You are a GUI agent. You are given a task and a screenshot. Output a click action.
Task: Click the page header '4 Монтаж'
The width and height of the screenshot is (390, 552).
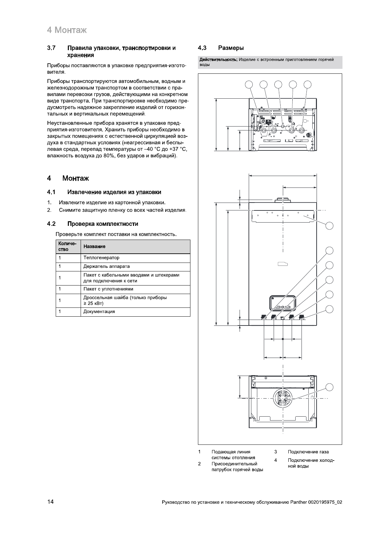click(x=67, y=30)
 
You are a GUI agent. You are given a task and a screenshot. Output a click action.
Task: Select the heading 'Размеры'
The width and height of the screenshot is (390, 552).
click(x=231, y=48)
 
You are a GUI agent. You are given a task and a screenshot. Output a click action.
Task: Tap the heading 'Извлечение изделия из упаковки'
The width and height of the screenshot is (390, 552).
click(x=114, y=192)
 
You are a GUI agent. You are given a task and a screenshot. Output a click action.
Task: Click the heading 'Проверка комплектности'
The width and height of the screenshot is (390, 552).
click(x=103, y=224)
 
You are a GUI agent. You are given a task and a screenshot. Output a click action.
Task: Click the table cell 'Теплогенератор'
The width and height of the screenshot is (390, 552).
click(x=101, y=258)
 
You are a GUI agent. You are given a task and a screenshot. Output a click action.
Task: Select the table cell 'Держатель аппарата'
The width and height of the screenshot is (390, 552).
click(x=107, y=266)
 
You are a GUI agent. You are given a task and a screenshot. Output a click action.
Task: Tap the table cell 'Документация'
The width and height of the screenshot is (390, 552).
click(x=99, y=312)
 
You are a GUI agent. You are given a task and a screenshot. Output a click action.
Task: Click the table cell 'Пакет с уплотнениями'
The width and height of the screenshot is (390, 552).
click(x=108, y=289)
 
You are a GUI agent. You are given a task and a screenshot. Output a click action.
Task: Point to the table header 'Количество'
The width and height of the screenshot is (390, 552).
click(x=67, y=246)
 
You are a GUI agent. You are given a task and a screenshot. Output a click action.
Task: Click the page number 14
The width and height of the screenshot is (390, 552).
click(x=50, y=502)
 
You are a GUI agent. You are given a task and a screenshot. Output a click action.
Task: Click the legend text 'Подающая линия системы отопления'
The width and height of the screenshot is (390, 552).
click(x=233, y=455)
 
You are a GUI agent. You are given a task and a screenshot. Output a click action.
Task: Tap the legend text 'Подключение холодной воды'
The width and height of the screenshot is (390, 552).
click(x=311, y=463)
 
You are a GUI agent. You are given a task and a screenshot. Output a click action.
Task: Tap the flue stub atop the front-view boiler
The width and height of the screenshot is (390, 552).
click(x=282, y=200)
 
